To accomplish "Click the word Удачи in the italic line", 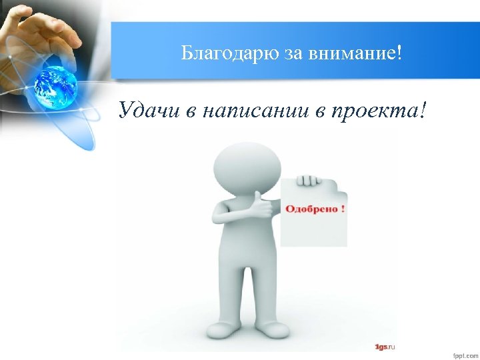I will (x=150, y=110).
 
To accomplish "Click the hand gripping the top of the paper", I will (x=307, y=181).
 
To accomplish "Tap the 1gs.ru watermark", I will (x=385, y=347).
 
